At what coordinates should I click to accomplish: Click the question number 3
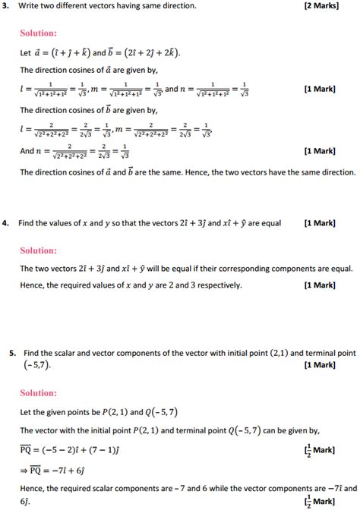(5, 6)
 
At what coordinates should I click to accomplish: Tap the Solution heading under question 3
(39, 35)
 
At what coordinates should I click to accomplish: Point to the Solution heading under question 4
(39, 250)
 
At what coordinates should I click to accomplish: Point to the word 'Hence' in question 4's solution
(33, 285)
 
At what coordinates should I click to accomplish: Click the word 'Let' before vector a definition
(27, 55)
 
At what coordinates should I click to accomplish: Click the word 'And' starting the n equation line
(28, 152)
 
